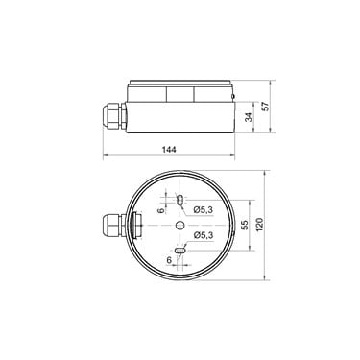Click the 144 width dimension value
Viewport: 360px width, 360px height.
169,150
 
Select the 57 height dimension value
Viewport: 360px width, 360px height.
266,106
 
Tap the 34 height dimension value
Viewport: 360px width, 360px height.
249,117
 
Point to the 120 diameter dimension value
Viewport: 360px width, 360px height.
259,225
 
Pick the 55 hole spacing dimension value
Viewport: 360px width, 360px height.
245,225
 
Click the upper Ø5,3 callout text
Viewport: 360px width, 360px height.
204,210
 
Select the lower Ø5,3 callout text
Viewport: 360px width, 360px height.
204,235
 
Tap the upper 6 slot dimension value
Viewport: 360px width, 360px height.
161,210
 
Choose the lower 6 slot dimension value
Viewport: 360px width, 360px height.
169,260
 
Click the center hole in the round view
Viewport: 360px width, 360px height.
180,226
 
